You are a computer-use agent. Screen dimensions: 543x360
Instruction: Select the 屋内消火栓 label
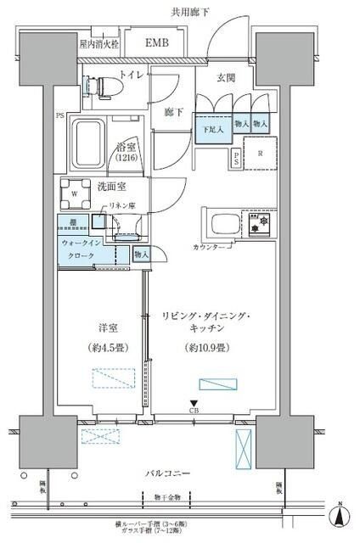click(110, 42)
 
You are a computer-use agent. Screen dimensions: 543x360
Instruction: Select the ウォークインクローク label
click(83, 249)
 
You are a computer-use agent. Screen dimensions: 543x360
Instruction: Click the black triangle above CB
click(194, 402)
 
